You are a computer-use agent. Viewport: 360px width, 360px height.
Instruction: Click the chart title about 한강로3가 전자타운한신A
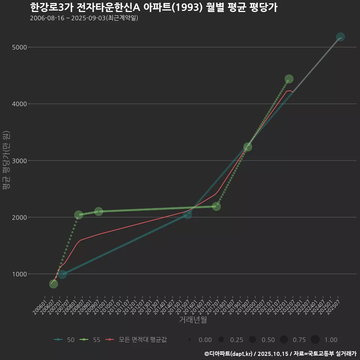(x=153, y=7)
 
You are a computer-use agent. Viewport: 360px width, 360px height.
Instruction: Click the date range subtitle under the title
(x=84, y=18)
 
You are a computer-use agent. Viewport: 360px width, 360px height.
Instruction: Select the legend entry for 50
(x=64, y=340)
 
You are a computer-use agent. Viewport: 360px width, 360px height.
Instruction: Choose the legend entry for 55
(x=91, y=340)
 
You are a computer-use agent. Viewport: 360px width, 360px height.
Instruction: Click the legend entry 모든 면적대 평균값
(x=136, y=340)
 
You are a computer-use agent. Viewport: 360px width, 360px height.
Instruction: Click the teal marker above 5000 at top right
(x=340, y=37)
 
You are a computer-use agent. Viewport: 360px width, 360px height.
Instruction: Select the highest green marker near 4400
(x=289, y=79)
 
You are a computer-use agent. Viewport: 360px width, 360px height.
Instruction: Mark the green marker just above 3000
(x=247, y=147)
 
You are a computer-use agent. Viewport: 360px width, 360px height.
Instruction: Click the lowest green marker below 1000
(x=54, y=284)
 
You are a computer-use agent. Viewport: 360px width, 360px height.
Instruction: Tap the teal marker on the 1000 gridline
(x=62, y=274)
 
